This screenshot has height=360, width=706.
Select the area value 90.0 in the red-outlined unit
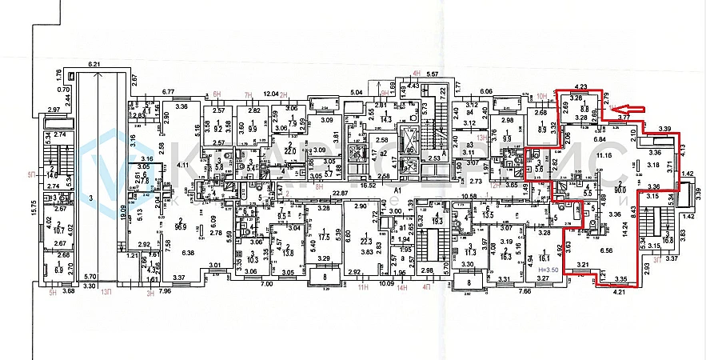tap(619, 190)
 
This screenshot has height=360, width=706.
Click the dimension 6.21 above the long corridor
tap(97, 63)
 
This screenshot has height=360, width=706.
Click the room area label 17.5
tap(324, 238)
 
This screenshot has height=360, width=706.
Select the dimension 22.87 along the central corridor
tap(343, 192)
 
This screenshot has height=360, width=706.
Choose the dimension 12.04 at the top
tap(271, 93)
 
